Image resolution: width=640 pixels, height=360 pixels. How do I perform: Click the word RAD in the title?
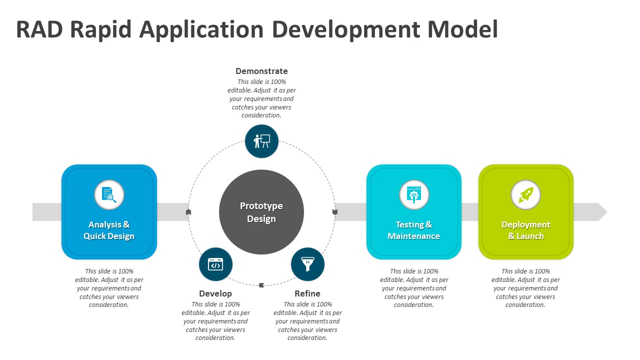tap(39, 29)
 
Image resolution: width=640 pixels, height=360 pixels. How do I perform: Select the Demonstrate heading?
tap(261, 71)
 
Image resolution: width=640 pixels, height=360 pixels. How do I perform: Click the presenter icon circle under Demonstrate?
tap(261, 141)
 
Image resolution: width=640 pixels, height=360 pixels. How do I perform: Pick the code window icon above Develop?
tap(215, 264)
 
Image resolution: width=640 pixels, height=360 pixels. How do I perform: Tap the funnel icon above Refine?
tap(307, 264)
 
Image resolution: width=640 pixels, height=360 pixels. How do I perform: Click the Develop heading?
tap(215, 293)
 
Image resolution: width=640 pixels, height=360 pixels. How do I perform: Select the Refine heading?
tap(307, 293)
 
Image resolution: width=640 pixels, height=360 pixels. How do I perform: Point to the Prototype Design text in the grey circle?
tap(261, 212)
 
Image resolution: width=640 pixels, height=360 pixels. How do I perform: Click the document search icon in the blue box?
tap(109, 194)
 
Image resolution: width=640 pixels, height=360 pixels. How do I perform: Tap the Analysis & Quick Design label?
tap(109, 230)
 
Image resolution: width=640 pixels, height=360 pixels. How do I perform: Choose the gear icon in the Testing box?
tap(414, 194)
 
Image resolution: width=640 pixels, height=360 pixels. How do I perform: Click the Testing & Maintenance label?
tap(414, 230)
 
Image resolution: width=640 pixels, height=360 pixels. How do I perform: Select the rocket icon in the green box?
tap(525, 194)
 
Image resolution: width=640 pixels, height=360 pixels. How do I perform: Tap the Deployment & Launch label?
tap(525, 230)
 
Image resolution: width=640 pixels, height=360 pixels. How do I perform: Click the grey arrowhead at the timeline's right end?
tap(602, 212)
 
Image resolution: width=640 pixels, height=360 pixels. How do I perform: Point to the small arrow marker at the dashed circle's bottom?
tap(261, 285)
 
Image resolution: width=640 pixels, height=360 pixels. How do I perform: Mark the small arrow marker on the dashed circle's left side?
tap(188, 212)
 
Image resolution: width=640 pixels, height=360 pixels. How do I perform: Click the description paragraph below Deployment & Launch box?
tap(525, 288)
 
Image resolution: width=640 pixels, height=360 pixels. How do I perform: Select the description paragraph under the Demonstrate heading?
tap(261, 98)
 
